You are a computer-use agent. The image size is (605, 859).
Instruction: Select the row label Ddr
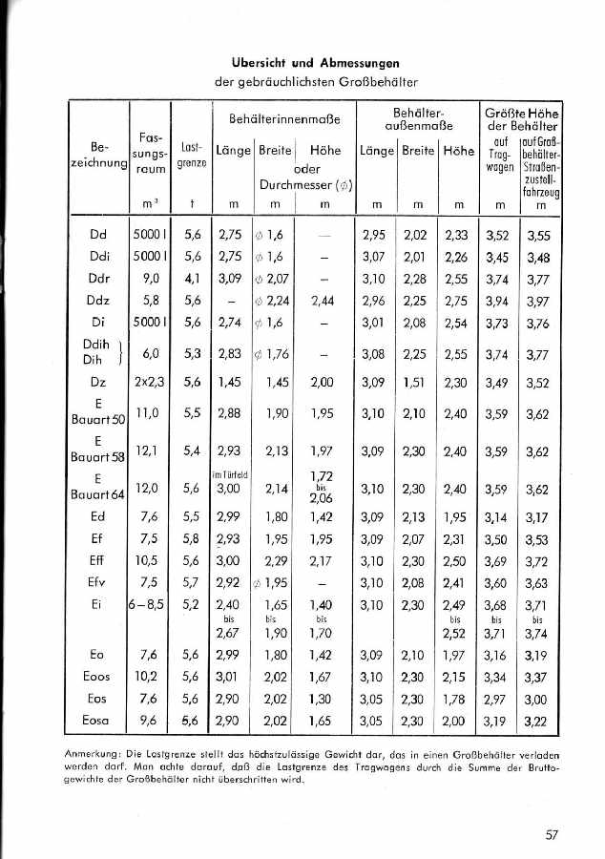pos(98,279)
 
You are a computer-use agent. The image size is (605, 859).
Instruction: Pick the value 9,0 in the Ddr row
pos(149,279)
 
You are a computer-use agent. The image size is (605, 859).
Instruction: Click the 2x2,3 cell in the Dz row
pos(149,383)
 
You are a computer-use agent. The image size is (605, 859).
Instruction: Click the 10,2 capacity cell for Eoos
pos(149,678)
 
